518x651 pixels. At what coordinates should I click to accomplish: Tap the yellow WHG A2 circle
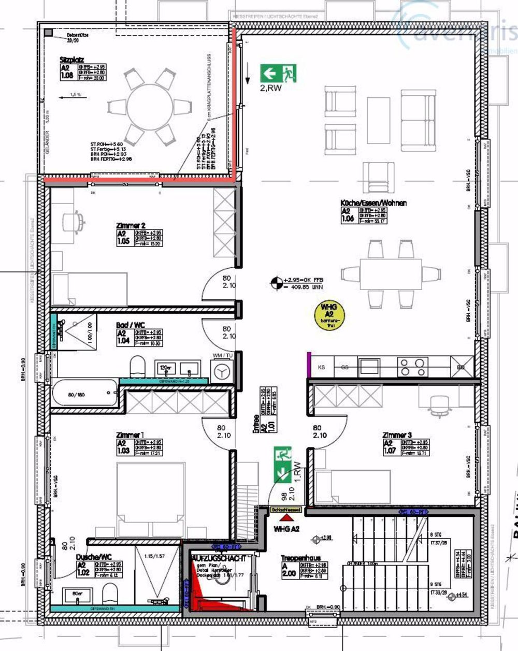(x=329, y=314)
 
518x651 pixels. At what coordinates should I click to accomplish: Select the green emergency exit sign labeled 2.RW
(x=278, y=74)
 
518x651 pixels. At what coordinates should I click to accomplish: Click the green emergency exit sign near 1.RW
(x=282, y=464)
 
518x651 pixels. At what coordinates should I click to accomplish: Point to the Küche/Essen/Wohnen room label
(x=373, y=203)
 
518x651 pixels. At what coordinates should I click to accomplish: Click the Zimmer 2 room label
(x=131, y=226)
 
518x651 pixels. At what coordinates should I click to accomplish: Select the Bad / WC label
(x=131, y=325)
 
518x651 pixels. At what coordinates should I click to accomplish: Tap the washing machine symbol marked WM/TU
(x=222, y=371)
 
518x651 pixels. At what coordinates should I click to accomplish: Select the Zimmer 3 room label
(x=397, y=435)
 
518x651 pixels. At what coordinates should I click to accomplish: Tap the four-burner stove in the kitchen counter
(x=413, y=367)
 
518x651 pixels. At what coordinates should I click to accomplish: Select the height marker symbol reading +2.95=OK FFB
(x=277, y=283)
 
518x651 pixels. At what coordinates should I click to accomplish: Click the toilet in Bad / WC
(x=137, y=366)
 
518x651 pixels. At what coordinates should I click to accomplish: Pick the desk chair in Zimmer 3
(x=439, y=403)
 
